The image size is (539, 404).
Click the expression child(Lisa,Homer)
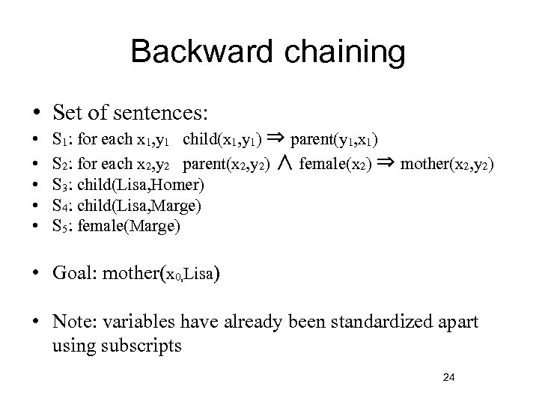coord(141,184)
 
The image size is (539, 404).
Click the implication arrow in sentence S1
coord(274,138)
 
